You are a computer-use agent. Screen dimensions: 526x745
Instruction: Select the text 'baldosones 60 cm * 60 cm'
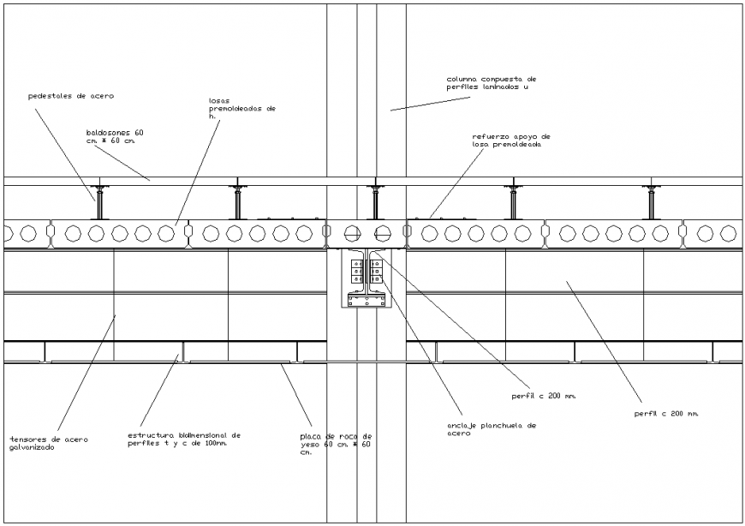115,137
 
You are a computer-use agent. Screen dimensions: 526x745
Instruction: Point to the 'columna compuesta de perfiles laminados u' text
492,83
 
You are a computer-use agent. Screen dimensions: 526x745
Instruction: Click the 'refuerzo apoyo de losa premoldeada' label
510,140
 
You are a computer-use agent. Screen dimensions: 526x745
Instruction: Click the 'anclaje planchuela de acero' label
491,429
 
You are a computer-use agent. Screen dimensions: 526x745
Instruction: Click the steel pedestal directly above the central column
374,202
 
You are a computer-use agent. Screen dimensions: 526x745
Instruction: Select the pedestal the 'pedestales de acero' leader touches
99,202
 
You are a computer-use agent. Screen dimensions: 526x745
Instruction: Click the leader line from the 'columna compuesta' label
419,103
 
